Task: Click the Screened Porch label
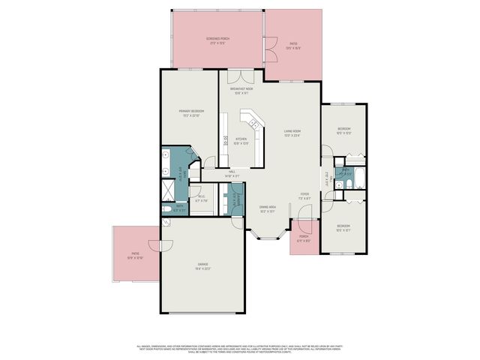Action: (217, 40)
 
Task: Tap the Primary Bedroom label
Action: (190, 113)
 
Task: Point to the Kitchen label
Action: (241, 140)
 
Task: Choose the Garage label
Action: (202, 267)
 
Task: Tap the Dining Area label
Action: (268, 209)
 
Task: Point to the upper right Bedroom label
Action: (344, 130)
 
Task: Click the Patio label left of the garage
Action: (136, 256)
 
